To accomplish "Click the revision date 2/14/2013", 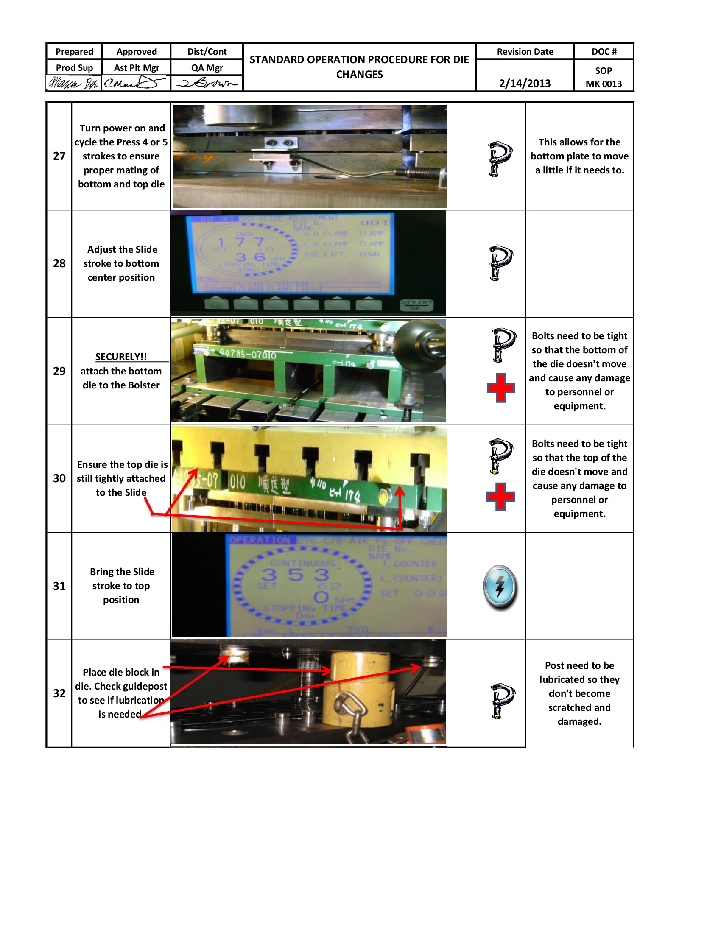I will pos(525,83).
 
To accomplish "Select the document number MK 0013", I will pos(603,84).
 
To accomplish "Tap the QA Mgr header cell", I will pos(207,67).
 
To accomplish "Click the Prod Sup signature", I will pos(73,82).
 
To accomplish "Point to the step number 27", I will pos(59,156).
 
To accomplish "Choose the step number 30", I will pos(59,478).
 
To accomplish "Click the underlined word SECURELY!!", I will pos(121,357).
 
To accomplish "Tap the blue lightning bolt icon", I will pos(500,587).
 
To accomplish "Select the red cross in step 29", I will pos(500,388).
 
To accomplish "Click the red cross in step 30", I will pos(500,496).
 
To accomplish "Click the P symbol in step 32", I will pos(502,701).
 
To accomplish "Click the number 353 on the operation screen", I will pos(296,575).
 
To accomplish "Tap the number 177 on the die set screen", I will pos(240,242).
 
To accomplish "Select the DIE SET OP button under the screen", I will pos(416,304).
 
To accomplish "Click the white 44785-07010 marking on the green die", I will pos(248,354).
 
